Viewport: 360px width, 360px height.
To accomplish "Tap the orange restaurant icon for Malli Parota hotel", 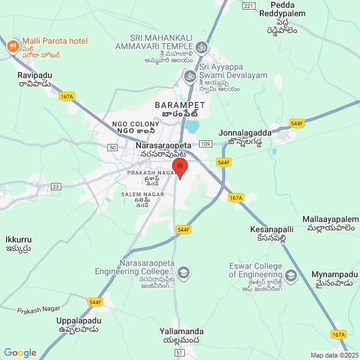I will tap(13, 46).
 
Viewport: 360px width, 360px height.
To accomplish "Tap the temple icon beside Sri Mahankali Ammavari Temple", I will tap(202, 46).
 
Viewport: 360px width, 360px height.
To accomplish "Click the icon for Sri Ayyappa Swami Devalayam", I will tap(191, 76).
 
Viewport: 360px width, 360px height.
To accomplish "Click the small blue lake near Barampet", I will tap(192, 127).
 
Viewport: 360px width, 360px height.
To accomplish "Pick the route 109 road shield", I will tap(205, 145).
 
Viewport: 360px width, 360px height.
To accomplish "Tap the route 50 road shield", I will tap(112, 148).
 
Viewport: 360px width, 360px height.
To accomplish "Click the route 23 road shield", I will tap(56, 187).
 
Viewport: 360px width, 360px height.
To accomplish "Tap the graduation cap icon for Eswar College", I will tap(291, 276).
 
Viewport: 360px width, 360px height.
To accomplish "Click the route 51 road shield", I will tap(179, 353).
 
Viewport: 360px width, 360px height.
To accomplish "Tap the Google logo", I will tap(20, 353).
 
